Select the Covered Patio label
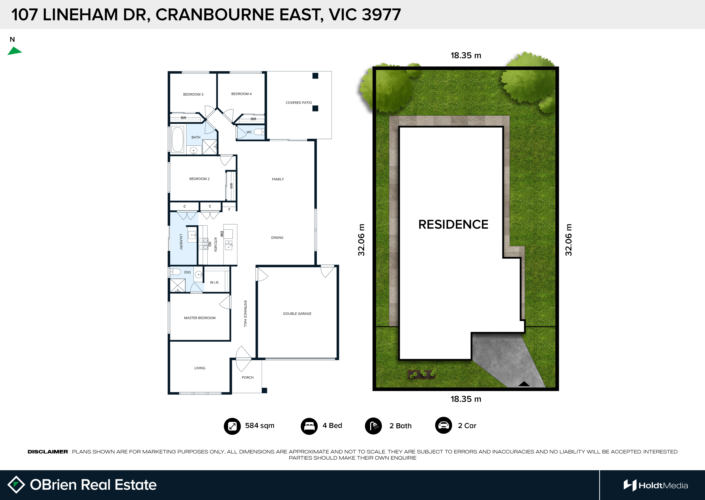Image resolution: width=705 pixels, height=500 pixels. click(299, 103)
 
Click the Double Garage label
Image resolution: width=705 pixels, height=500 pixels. click(297, 314)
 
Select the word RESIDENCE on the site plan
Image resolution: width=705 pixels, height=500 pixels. click(453, 224)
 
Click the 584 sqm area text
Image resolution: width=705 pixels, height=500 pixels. click(260, 425)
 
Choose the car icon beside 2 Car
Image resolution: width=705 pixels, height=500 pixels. click(443, 425)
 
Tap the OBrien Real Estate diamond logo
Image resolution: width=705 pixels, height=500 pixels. click(16, 485)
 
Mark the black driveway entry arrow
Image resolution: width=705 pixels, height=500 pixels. click(524, 384)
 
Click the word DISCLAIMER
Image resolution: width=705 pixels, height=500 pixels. click(48, 452)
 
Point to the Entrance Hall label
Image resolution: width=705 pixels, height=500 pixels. click(245, 314)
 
